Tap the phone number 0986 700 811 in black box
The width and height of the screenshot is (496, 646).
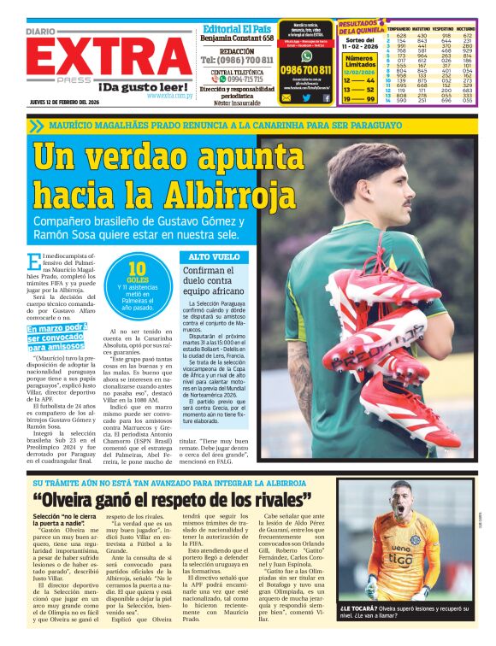pyautogui.click(x=305, y=69)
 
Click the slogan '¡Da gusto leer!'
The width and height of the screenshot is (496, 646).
pyautogui.click(x=142, y=87)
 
